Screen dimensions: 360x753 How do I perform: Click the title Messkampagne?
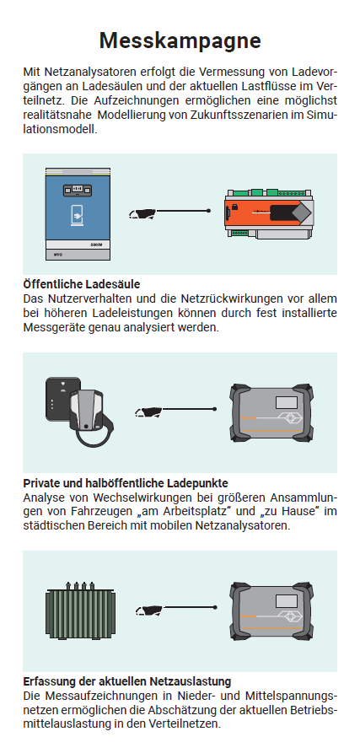click(180, 40)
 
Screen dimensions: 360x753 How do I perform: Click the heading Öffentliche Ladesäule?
click(81, 283)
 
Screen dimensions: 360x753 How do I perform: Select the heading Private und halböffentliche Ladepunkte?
click(126, 483)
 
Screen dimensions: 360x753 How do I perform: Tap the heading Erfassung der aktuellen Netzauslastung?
click(127, 680)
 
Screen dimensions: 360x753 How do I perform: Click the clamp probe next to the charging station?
click(145, 213)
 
